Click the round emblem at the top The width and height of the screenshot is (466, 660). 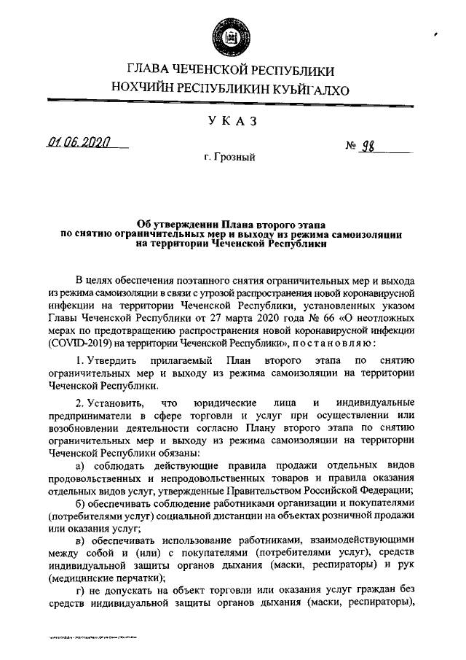232,32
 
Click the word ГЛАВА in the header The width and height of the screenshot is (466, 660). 151,71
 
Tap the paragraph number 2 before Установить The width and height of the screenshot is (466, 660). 79,403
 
